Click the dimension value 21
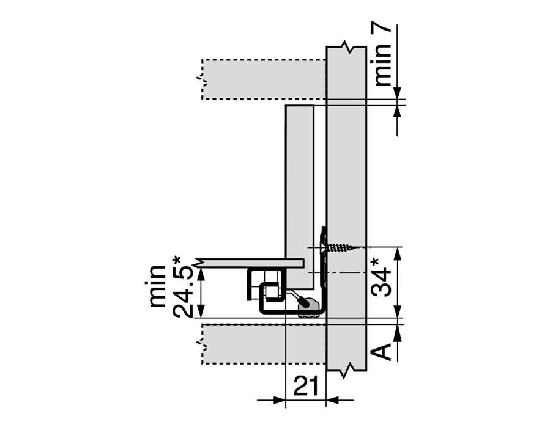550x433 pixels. click(306, 386)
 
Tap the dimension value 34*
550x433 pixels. click(381, 277)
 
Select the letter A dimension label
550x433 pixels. click(381, 352)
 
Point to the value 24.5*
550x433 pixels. click(182, 287)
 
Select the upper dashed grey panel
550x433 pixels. click(264, 79)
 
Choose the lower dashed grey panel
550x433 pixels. click(264, 344)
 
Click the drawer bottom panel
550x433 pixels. click(250, 263)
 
